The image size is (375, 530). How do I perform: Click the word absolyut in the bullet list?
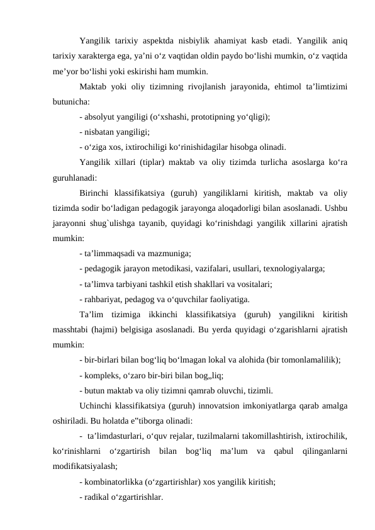[x=103, y=117]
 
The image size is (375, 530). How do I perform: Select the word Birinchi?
[x=96, y=194]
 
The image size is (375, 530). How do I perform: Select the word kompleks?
[x=104, y=376]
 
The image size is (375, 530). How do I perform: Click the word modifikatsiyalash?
[x=84, y=468]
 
